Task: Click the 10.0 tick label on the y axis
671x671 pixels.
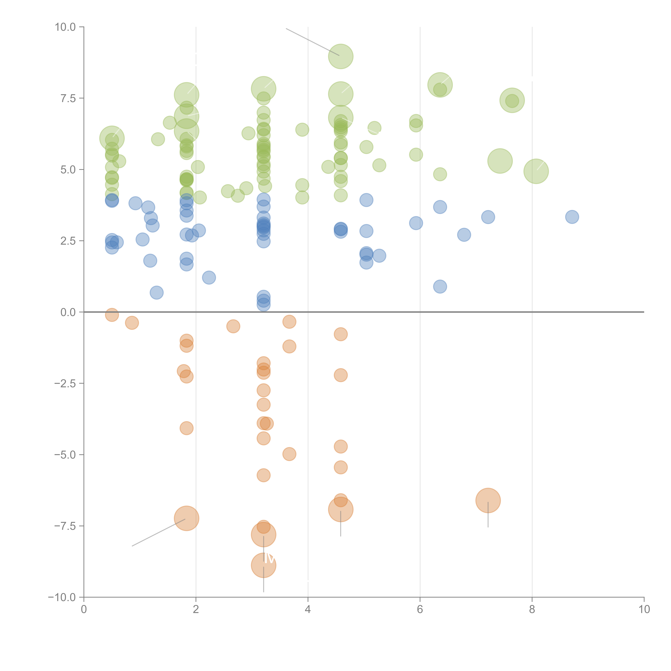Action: click(x=65, y=27)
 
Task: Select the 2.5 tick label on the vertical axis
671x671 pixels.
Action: click(x=68, y=241)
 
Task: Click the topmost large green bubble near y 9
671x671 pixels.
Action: click(x=341, y=56)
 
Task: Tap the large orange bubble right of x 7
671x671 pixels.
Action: click(x=488, y=500)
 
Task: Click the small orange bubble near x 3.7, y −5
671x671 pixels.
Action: click(x=289, y=454)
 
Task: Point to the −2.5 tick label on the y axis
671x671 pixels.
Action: click(x=65, y=383)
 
